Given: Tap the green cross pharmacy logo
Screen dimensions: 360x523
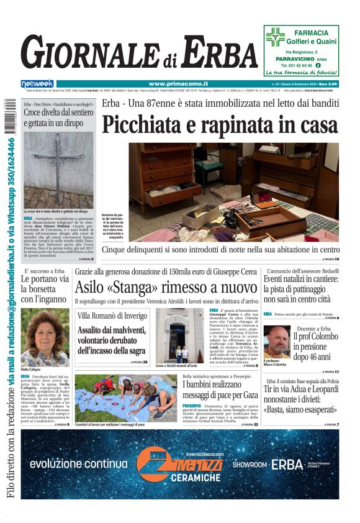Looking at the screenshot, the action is (x=275, y=37).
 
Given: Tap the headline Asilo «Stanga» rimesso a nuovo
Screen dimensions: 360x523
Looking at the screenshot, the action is (x=165, y=288).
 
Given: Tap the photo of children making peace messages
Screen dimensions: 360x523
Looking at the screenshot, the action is (x=125, y=398).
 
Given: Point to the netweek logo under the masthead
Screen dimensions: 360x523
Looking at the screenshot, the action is (x=37, y=84).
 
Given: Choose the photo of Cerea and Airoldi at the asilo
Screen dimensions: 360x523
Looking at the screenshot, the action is (x=179, y=335).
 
